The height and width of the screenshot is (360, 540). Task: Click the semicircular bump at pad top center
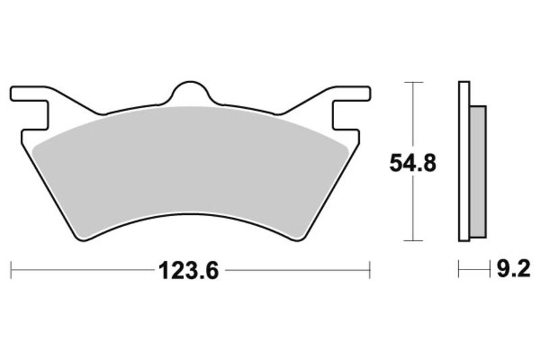pyautogui.click(x=190, y=93)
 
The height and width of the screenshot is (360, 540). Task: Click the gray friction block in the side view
pyautogui.click(x=477, y=172)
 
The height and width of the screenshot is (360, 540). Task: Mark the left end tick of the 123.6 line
pyautogui.click(x=11, y=272)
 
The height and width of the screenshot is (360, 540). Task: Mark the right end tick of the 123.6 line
pyautogui.click(x=370, y=272)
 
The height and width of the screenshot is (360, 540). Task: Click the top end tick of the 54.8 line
pyautogui.click(x=413, y=82)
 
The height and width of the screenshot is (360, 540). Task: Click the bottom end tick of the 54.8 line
pyautogui.click(x=413, y=240)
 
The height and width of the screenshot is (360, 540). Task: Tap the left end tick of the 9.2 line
pyautogui.click(x=459, y=272)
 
